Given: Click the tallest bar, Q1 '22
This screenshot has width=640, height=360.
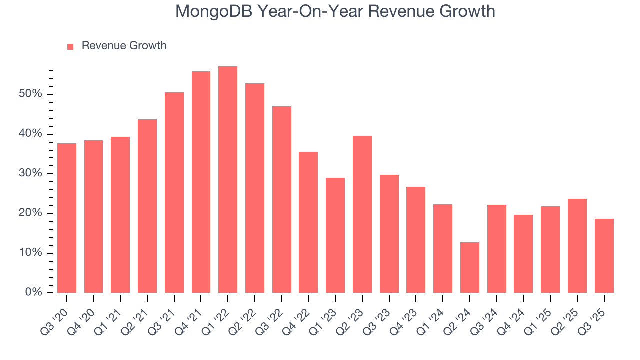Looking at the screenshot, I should click(x=228, y=179).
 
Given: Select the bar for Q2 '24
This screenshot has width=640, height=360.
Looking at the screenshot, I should click(x=470, y=267).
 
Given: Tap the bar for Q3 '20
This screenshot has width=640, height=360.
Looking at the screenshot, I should click(x=67, y=218).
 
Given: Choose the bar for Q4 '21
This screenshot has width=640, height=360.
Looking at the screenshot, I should click(x=201, y=182).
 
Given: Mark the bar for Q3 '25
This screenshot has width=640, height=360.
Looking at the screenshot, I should click(x=604, y=255).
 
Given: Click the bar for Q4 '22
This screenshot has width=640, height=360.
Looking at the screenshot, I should click(x=308, y=222).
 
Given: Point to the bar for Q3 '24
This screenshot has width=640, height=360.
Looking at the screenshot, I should click(x=496, y=248).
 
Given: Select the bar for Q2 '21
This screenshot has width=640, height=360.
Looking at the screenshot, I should click(x=147, y=206).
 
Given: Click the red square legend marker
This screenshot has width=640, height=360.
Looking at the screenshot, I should click(x=70, y=46).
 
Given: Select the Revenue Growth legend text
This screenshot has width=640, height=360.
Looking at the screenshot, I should click(x=124, y=46).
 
